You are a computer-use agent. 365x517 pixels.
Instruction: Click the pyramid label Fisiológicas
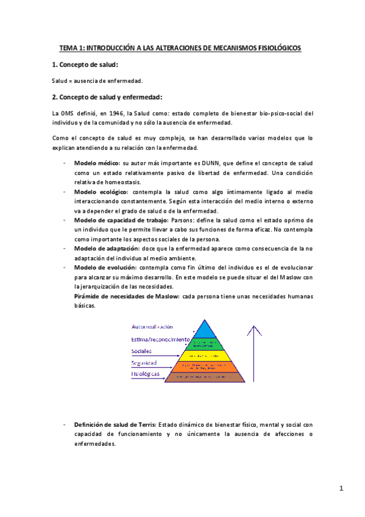tap(145, 373)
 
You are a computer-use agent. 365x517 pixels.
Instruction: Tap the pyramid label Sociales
tap(141, 351)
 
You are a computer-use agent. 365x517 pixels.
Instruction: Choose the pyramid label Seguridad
tap(144, 362)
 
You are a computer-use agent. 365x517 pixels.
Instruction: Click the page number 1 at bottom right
tap(342, 488)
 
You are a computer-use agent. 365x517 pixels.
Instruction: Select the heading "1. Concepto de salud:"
tap(85, 65)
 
